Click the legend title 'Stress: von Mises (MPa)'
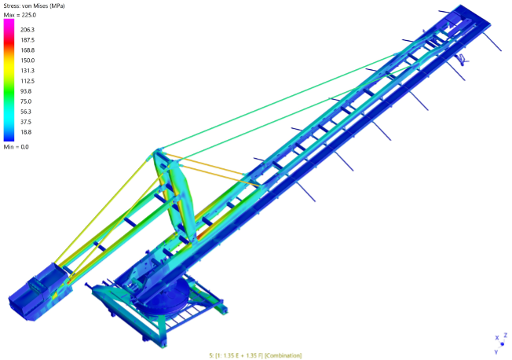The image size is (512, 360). [x=34, y=6]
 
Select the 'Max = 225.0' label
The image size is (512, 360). [x=20, y=15]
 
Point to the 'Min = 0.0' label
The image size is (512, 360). [x=16, y=147]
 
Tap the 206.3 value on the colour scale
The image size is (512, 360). [x=27, y=30]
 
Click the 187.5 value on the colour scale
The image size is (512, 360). [x=27, y=40]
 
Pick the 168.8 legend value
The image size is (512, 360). [x=27, y=50]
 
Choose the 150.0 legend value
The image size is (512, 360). [x=27, y=61]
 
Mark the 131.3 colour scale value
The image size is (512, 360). [x=27, y=71]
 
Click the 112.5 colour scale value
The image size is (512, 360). [x=27, y=81]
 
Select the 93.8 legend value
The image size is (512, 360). [x=26, y=91]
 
